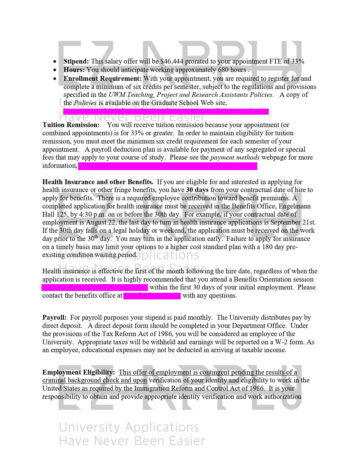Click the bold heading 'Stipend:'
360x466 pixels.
tap(76, 61)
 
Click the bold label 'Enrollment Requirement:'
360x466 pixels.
tap(102, 78)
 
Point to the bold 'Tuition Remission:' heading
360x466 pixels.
tap(71, 125)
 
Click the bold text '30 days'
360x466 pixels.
tap(197, 190)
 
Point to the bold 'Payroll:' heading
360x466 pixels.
tap(54, 317)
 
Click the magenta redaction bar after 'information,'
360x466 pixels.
tap(167, 166)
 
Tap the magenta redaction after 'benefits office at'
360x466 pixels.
tap(152, 296)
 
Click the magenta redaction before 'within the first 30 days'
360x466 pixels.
tap(95, 288)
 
